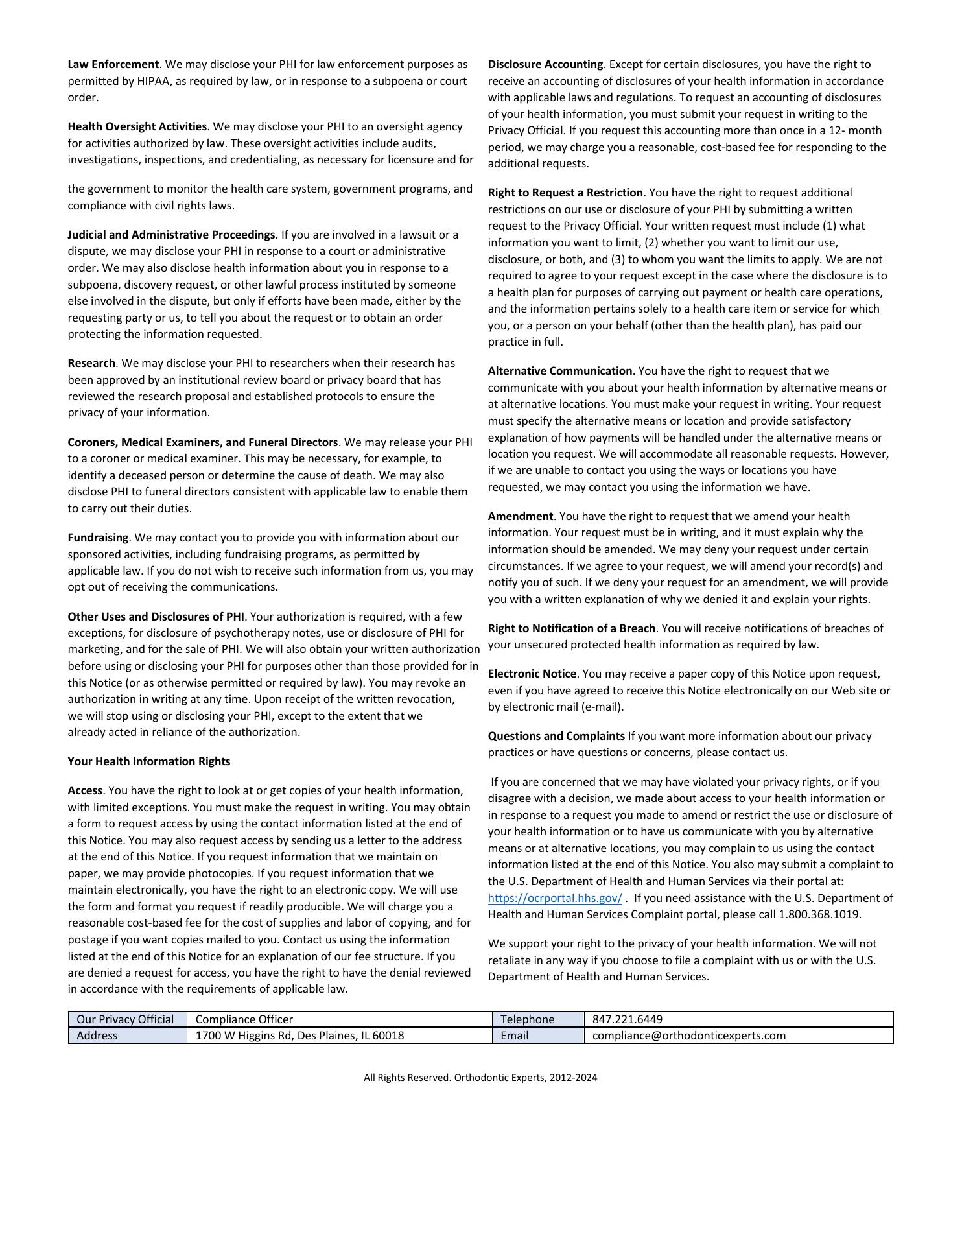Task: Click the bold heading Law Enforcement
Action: coord(113,64)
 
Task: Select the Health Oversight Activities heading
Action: coord(137,126)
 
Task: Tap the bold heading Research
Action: coord(91,363)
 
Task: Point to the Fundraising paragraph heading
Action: coord(98,538)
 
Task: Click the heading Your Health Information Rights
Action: coord(148,761)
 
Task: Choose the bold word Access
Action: coord(85,790)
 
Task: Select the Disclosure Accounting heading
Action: coord(545,64)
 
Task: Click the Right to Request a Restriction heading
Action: coord(565,193)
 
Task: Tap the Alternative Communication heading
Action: coord(559,371)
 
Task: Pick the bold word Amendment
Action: coord(520,516)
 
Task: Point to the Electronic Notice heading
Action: coord(532,674)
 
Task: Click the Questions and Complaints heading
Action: coord(556,736)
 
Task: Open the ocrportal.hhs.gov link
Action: coord(555,898)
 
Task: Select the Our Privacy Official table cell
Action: coord(125,1019)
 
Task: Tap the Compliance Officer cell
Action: coord(244,1019)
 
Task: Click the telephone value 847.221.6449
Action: coord(628,1019)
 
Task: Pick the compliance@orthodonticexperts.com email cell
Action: coord(688,1036)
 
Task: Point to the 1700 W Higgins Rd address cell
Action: coord(299,1036)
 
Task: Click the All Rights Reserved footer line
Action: coord(480,1078)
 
